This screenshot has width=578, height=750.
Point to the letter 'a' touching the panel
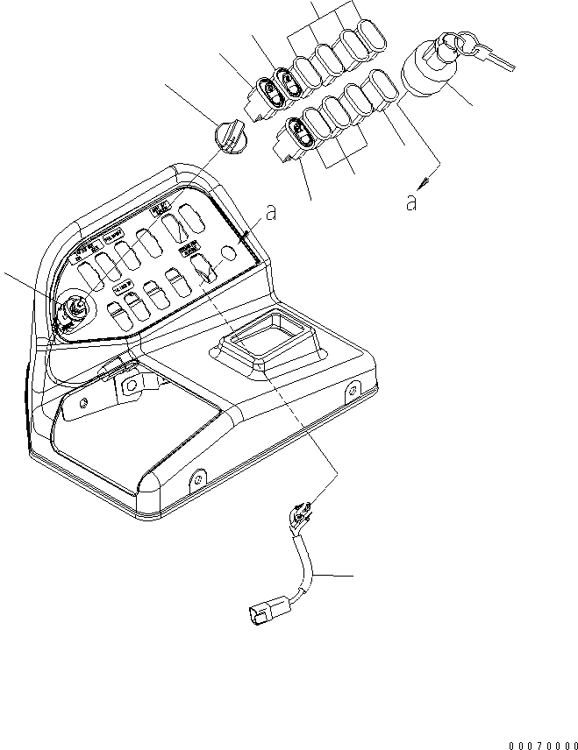tap(272, 213)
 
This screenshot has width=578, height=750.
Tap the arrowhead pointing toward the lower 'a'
tap(423, 181)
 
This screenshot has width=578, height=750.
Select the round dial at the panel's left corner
tap(73, 309)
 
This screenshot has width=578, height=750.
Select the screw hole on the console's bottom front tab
tap(197, 479)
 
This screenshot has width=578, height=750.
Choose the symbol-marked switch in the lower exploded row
tap(296, 135)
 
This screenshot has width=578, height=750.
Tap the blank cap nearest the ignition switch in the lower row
tap(383, 89)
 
